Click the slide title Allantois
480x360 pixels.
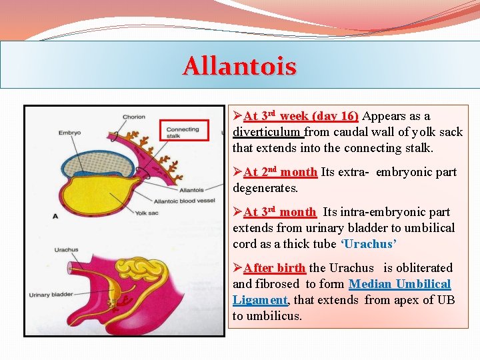pyautogui.click(x=239, y=66)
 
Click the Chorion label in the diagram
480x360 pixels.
pyautogui.click(x=133, y=117)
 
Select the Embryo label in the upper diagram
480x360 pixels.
pyautogui.click(x=69, y=133)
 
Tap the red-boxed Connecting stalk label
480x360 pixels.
pyautogui.click(x=182, y=132)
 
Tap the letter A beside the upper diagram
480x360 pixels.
pyautogui.click(x=55, y=216)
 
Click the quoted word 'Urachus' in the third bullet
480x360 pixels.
pyautogui.click(x=367, y=244)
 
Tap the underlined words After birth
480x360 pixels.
pyautogui.click(x=274, y=268)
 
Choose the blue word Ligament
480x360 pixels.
pyautogui.click(x=260, y=300)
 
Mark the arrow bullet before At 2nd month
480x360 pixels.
pyautogui.click(x=237, y=172)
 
